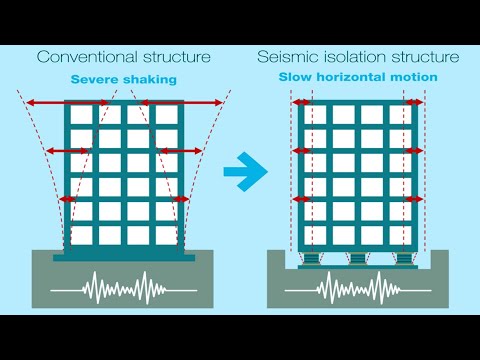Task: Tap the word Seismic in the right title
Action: point(286,57)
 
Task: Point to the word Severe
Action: point(96,78)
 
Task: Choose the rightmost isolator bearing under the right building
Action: point(403,259)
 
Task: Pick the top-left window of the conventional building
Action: point(80,115)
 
